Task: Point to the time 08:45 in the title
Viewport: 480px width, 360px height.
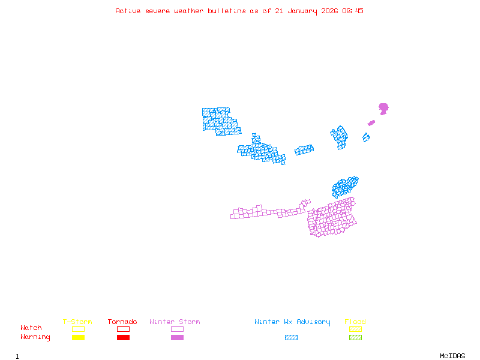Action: tap(353, 11)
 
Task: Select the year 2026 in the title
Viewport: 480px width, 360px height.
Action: tap(329, 11)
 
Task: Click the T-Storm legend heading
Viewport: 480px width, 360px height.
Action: tap(77, 322)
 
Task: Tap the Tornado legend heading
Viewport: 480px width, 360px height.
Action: tap(122, 322)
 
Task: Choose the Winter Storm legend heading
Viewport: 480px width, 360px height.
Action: tap(175, 322)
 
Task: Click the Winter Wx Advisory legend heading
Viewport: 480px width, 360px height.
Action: tap(292, 322)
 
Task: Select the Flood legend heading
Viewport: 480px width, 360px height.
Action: tap(355, 322)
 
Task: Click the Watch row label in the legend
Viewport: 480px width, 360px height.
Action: tap(31, 328)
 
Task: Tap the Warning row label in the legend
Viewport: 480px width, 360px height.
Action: tap(35, 337)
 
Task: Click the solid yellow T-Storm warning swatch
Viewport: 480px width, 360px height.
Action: tap(78, 338)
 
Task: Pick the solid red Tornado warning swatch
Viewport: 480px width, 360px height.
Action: tap(123, 338)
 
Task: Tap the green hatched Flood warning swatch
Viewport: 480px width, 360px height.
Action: tap(355, 338)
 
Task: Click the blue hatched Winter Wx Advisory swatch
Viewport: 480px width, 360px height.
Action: tap(291, 338)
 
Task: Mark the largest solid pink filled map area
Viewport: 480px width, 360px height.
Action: tap(383, 108)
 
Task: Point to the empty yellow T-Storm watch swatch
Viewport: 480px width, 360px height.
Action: tap(78, 329)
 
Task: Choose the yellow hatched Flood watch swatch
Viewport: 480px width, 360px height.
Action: tap(355, 329)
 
